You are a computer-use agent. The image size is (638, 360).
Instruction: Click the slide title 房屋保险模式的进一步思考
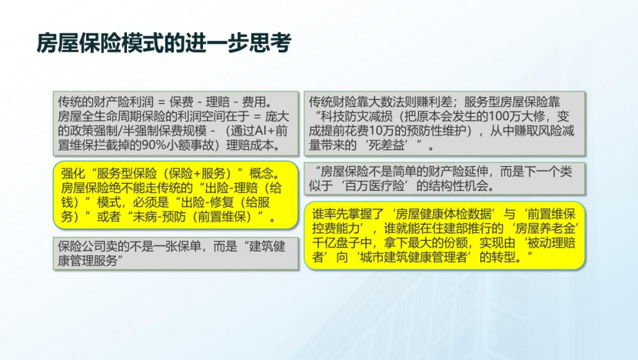(164, 43)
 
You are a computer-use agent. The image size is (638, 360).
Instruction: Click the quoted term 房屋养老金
(545, 228)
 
